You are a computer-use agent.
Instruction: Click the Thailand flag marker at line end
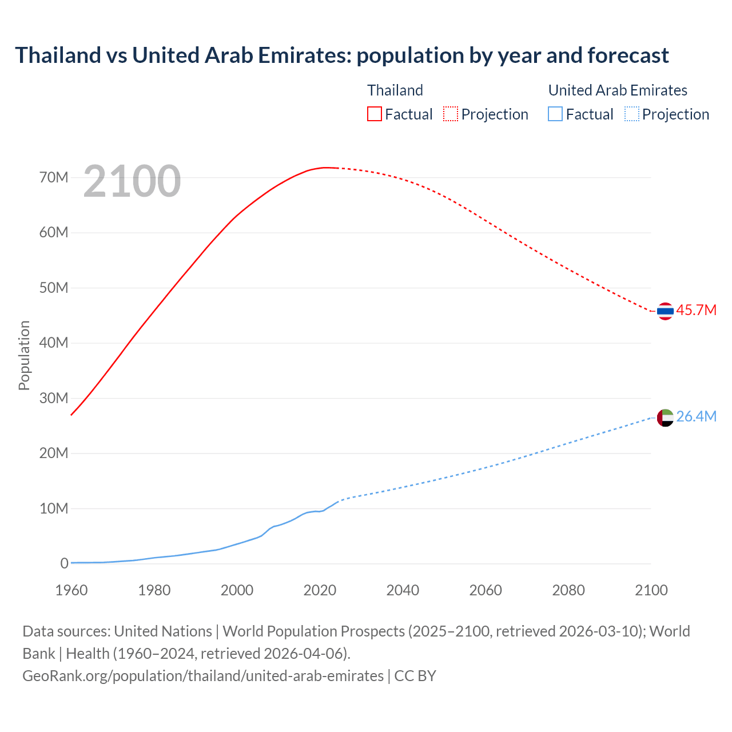tap(665, 311)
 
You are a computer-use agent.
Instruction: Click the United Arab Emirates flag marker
tap(665, 417)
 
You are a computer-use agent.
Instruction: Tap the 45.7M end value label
tap(696, 311)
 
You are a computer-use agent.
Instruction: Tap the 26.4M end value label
tap(696, 417)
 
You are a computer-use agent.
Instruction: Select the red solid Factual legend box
tap(374, 114)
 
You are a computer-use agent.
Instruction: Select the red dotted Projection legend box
tap(451, 114)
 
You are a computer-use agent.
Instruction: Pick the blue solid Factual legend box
tap(555, 114)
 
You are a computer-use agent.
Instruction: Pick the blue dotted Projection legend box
tap(631, 114)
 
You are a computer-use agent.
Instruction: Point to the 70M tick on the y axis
tap(54, 178)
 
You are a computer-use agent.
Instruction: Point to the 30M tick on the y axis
tap(54, 398)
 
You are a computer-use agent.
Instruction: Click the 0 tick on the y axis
tap(64, 564)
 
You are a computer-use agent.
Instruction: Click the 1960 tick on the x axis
tap(71, 590)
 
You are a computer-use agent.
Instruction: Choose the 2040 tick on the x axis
tap(403, 590)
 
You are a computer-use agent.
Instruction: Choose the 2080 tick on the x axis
tap(568, 590)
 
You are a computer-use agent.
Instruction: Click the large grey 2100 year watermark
tap(132, 181)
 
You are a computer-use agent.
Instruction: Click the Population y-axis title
tap(24, 355)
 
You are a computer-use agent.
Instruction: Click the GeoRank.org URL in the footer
tap(203, 676)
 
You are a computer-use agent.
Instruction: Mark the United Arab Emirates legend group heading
tap(618, 90)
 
